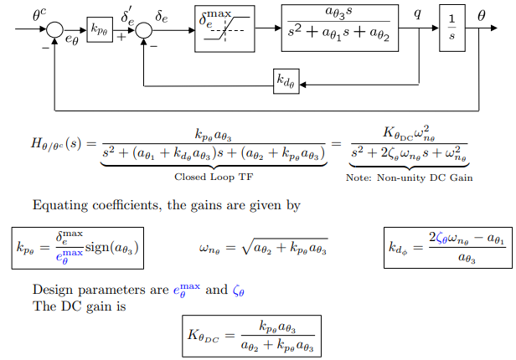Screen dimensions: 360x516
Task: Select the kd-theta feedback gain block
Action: pos(286,81)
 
